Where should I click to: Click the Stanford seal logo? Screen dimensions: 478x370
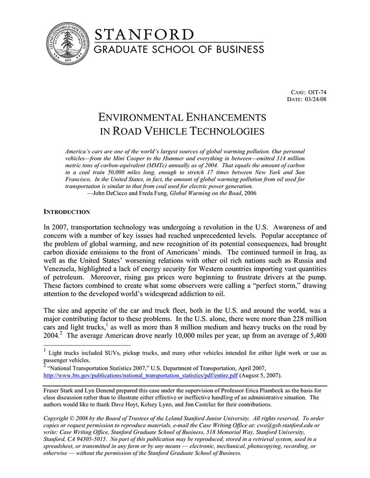[67, 44]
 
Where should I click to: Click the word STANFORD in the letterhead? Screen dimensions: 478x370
[144, 35]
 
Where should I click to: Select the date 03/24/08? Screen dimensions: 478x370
[316, 99]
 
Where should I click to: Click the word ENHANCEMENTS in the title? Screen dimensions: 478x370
[224, 117]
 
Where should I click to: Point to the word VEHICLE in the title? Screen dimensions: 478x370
[175, 131]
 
